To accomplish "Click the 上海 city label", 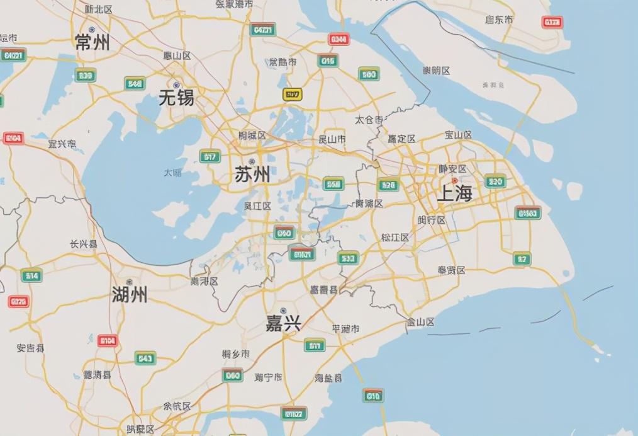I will (454, 193).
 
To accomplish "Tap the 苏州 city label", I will (252, 174).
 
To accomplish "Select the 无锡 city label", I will (176, 98).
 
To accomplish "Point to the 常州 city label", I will (92, 42).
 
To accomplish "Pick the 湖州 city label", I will (130, 294).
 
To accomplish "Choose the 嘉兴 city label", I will (283, 324).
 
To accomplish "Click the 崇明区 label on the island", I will (436, 70).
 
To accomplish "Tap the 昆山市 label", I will (332, 139).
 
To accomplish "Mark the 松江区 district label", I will (395, 238).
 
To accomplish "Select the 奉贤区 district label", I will (451, 270).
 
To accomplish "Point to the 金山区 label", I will (420, 322).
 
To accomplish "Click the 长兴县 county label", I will (84, 244).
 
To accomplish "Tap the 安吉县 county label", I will (30, 348).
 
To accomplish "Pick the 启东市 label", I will (499, 20).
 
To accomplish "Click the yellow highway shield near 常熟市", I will (292, 95).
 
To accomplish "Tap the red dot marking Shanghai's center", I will (455, 181).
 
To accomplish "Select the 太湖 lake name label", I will (172, 172).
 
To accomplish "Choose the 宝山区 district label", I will (458, 135).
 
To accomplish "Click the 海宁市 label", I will (269, 377).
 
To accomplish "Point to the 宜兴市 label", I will (62, 144).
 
